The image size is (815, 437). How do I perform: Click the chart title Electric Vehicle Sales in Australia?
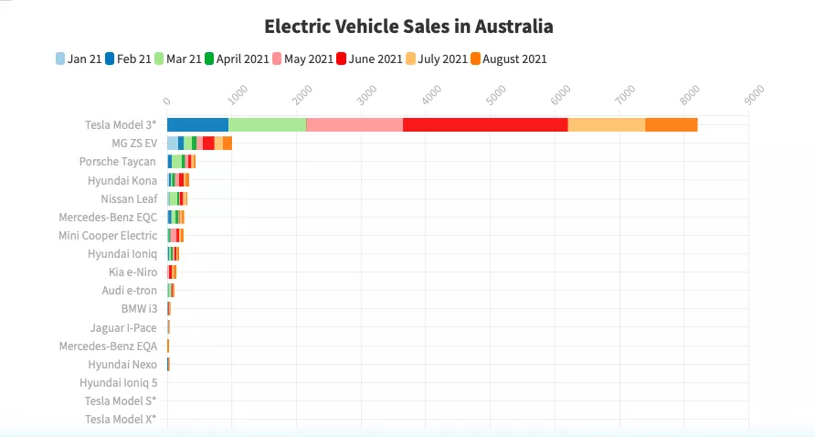click(x=407, y=26)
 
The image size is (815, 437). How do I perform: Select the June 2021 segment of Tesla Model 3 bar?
click(x=485, y=125)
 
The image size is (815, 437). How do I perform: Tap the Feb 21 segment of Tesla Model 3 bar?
click(x=197, y=125)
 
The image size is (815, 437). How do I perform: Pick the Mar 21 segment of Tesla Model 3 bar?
click(x=267, y=125)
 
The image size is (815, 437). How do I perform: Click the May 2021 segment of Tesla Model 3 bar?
click(x=355, y=125)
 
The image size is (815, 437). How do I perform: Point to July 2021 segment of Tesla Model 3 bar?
click(x=607, y=125)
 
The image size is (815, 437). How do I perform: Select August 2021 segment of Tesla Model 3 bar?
click(x=672, y=125)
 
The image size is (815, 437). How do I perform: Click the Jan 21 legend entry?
click(x=79, y=59)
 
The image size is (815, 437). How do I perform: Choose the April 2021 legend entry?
click(x=236, y=59)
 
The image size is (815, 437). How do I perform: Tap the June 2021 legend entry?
click(x=369, y=59)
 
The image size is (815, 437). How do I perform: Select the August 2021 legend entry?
click(x=508, y=59)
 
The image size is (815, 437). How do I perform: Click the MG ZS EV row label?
click(x=134, y=144)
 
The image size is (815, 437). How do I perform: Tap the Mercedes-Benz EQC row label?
click(x=108, y=218)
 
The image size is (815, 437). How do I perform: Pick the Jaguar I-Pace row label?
click(x=123, y=327)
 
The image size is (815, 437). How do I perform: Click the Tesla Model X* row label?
click(x=121, y=420)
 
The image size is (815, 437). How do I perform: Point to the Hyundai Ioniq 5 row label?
click(x=118, y=383)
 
